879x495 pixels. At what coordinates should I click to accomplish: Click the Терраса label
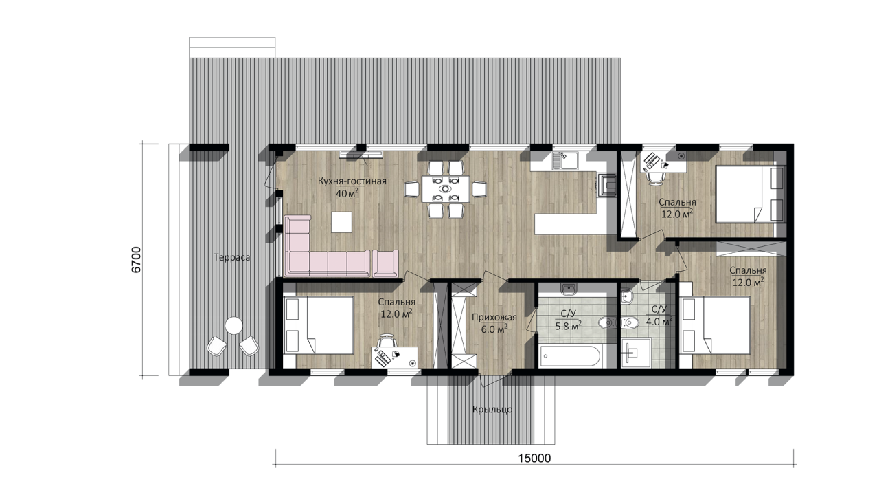tap(231, 258)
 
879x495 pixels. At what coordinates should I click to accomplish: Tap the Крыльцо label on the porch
tap(492, 410)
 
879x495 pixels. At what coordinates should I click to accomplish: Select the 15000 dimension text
tap(534, 459)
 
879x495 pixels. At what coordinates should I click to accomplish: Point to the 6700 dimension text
tap(136, 260)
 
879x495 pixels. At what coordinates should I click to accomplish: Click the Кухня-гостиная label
tap(352, 181)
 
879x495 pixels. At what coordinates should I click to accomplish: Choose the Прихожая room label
tap(494, 317)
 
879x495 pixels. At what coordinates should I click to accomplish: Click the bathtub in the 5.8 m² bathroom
tap(570, 356)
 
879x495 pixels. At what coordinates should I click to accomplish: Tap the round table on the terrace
tap(234, 326)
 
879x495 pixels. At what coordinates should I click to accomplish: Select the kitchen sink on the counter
tap(565, 161)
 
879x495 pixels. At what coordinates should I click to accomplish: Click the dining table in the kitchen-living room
tap(446, 189)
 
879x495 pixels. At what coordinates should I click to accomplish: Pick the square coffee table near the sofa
tap(341, 222)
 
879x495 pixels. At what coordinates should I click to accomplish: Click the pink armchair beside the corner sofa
tap(385, 263)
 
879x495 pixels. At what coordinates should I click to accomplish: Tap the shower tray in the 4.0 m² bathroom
tap(636, 353)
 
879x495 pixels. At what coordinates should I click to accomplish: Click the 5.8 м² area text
tap(568, 326)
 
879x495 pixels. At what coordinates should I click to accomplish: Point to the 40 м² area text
tap(347, 193)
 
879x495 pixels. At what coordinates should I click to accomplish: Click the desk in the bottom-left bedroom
tap(395, 357)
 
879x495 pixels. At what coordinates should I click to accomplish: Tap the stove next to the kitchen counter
tap(606, 185)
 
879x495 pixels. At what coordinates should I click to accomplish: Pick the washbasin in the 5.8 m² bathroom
tap(568, 289)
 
